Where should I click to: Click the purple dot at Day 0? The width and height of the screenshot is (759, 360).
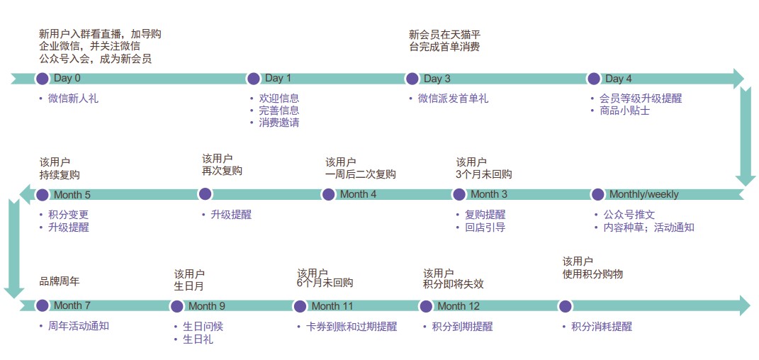point(43,79)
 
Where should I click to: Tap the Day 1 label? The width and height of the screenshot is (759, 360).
point(278,79)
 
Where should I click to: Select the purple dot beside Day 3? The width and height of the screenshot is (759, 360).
point(412,79)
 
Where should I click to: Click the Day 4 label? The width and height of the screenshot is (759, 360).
point(619,79)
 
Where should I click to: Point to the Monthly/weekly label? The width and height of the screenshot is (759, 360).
point(643,194)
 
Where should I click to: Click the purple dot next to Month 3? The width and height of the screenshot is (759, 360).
point(459,194)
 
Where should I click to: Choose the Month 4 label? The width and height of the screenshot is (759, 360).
point(358,194)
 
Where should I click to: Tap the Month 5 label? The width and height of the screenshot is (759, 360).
point(72,195)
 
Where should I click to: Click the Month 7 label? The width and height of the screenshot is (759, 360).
point(72,306)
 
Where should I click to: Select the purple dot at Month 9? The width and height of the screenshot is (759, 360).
point(177,306)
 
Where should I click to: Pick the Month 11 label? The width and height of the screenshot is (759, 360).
point(332,306)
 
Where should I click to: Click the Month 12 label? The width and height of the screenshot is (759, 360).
point(459,306)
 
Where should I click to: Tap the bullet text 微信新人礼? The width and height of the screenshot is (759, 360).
point(73,99)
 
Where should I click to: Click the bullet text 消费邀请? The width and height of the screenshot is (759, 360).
point(279,123)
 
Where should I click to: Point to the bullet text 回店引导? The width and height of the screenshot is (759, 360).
point(485,227)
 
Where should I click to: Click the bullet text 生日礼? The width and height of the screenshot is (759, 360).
point(198,339)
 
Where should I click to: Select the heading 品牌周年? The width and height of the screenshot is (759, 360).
point(60,281)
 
